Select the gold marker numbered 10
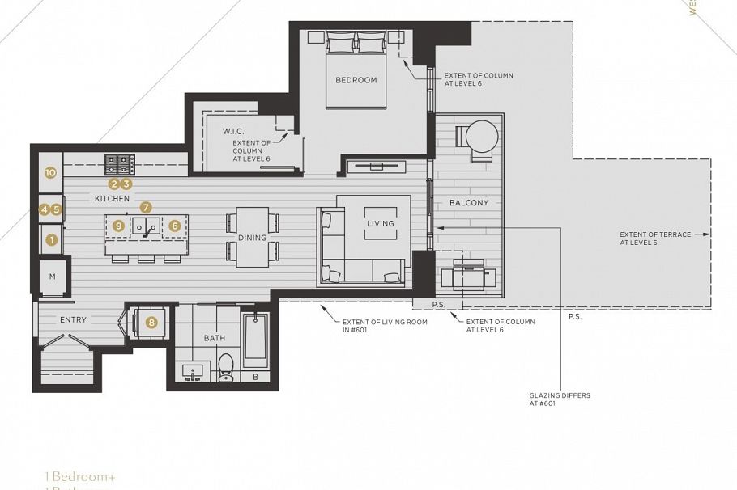(50, 172)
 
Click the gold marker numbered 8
(151, 322)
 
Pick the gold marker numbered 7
(146, 208)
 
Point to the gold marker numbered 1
(52, 239)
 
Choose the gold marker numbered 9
(118, 226)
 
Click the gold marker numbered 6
(174, 226)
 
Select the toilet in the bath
(226, 367)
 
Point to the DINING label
(252, 238)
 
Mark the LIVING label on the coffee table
(380, 223)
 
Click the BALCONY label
(469, 203)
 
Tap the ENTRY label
(73, 320)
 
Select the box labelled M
(52, 277)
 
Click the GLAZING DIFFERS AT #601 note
(560, 399)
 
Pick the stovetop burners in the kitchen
(119, 164)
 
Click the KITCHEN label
(112, 198)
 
